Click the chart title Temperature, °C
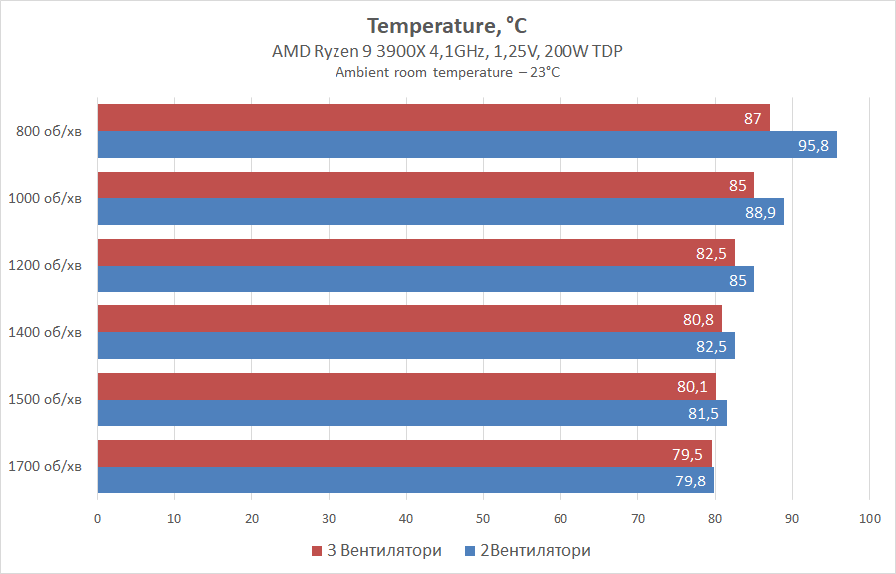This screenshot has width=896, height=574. tap(447, 25)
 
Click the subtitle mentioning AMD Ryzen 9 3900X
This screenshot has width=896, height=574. tap(447, 52)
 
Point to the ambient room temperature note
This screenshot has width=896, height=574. tap(447, 73)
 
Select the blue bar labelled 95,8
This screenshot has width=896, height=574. tap(466, 145)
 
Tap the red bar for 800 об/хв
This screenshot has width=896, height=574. tap(432, 118)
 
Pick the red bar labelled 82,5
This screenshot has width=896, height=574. tap(414, 253)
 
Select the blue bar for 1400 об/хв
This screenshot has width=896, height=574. tap(414, 346)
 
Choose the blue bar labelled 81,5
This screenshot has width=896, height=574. tap(410, 413)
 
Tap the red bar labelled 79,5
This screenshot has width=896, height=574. tap(403, 454)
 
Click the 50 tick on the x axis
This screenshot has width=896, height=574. tap(483, 517)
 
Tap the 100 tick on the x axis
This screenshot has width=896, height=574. tap(869, 517)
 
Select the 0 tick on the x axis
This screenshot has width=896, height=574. tap(97, 517)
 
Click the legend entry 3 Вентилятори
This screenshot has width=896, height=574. tap(378, 550)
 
